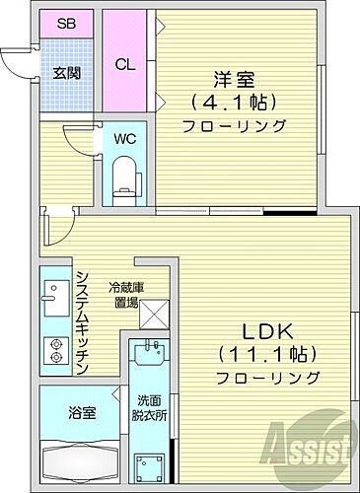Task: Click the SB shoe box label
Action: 66,23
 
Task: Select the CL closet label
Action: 124,66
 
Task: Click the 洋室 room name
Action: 234,78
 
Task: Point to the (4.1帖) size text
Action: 234,102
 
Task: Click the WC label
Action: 124,139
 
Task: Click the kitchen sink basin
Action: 52,295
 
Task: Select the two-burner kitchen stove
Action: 53,350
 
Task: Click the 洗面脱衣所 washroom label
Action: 153,408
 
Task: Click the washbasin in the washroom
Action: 150,352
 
